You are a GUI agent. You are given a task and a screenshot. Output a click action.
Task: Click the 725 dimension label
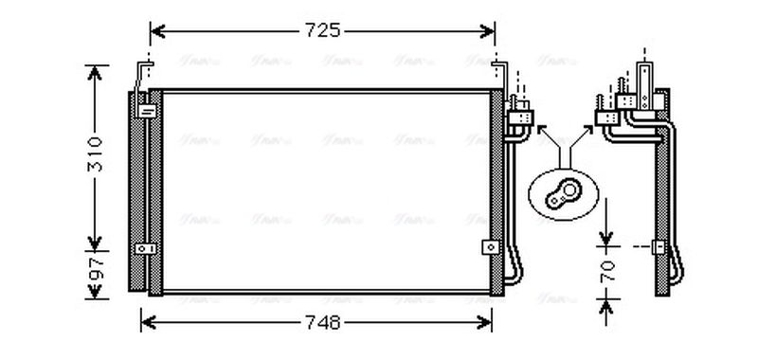pos(322,31)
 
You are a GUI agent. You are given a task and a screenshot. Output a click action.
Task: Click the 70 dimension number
pos(609,271)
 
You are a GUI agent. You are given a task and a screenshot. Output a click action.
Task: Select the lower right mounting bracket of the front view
pos(490,246)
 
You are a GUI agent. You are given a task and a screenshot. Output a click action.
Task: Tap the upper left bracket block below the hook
pos(148,110)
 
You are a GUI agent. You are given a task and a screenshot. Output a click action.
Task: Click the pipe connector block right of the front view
pos(520,117)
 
